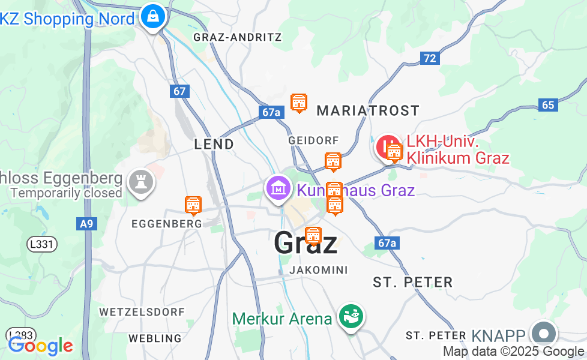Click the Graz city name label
point(306,243)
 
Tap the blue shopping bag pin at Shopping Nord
point(154,16)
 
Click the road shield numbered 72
point(429,58)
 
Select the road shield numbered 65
point(548,104)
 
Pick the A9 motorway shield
point(86,224)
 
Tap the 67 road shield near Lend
point(179,91)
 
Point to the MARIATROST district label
point(368,110)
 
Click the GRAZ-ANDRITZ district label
point(237,37)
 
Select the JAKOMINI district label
point(318,270)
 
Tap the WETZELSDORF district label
point(142,312)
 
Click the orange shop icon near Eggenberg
point(193,205)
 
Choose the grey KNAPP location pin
point(544,334)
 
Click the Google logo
point(40,346)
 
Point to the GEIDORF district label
point(313,140)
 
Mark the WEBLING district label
point(155,338)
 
